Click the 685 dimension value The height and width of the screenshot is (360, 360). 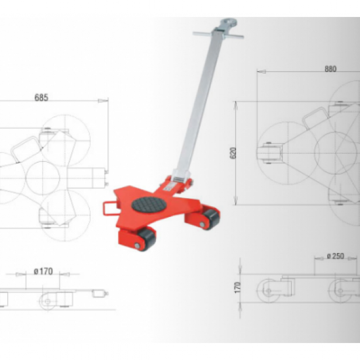pos(40,98)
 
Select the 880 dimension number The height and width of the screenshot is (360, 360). pos(330,68)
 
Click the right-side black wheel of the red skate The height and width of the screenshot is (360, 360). pos(209,219)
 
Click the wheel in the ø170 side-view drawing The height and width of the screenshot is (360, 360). pos(46,300)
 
